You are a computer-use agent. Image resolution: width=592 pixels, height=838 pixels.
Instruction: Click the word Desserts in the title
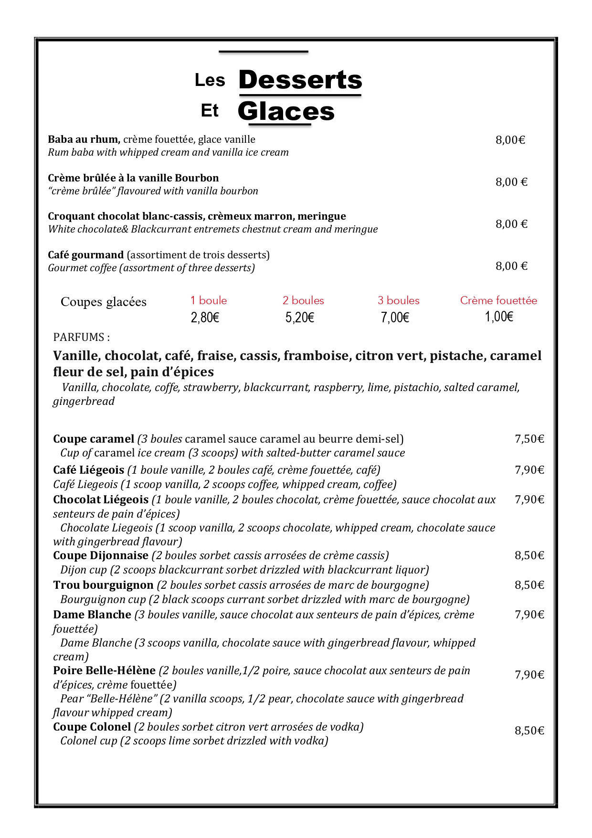pos(300,80)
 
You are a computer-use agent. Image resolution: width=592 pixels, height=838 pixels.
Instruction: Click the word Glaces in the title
pos(286,111)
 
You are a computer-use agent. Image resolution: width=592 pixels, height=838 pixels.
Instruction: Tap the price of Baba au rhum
pos(510,140)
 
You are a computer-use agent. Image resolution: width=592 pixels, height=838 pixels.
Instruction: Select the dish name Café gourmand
pos(85,255)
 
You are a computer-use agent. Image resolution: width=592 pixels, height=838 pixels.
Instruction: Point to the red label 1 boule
pos(208,300)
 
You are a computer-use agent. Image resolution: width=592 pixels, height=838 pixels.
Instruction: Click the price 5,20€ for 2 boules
pos(299,318)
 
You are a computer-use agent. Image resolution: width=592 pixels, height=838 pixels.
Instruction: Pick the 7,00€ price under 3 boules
pos(395,318)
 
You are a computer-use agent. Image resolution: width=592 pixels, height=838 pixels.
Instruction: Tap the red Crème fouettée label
pos(498,300)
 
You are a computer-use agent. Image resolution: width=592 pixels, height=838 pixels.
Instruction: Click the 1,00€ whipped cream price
pos(499,317)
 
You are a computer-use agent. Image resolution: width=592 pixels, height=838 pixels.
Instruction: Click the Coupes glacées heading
pos(104,302)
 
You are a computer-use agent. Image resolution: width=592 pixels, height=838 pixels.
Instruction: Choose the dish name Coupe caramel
pos(94,439)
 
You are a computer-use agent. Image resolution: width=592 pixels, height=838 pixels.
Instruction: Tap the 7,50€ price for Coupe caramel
pos(529,439)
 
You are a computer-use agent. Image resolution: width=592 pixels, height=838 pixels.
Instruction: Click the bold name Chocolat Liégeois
pos(101,499)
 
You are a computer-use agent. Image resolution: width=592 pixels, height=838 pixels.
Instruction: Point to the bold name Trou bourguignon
pos(103,585)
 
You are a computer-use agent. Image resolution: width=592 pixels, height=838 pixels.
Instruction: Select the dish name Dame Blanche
pos(92,615)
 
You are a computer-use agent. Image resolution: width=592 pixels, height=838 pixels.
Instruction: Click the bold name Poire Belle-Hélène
pos(104,670)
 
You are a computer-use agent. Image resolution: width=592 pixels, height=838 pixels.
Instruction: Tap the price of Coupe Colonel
pos(529,731)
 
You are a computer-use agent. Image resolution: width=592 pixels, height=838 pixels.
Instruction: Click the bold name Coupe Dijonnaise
pos(101,555)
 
